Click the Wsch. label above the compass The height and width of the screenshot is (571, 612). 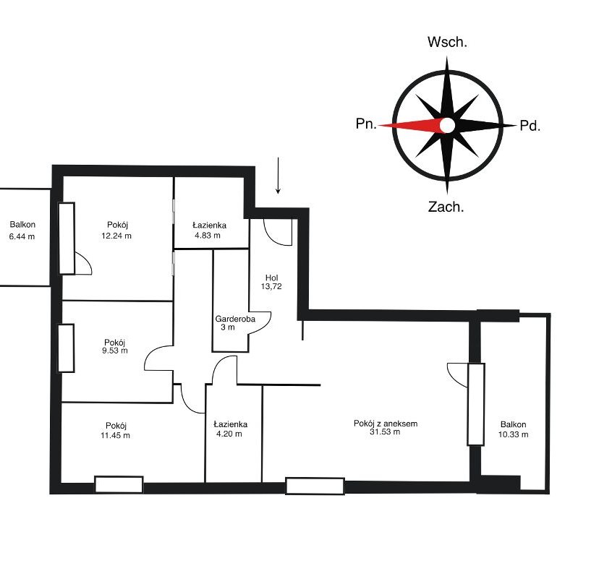pyautogui.click(x=447, y=42)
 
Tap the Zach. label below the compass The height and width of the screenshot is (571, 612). pyautogui.click(x=446, y=207)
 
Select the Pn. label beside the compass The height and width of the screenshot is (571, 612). pyautogui.click(x=366, y=124)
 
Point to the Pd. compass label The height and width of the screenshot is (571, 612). pyautogui.click(x=530, y=126)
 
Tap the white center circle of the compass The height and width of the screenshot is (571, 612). pyautogui.click(x=448, y=125)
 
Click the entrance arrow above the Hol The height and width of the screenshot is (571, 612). pyautogui.click(x=278, y=176)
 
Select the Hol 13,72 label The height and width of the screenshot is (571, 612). pyautogui.click(x=271, y=282)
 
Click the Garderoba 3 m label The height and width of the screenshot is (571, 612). pyautogui.click(x=235, y=323)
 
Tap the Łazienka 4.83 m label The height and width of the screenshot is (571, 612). pyautogui.click(x=209, y=230)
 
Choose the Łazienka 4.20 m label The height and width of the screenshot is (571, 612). pyautogui.click(x=230, y=429)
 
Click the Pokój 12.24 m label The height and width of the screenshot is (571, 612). pyautogui.click(x=116, y=230)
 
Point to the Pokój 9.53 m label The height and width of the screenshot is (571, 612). pyautogui.click(x=115, y=346)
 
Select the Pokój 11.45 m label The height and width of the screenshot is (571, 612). pyautogui.click(x=116, y=430)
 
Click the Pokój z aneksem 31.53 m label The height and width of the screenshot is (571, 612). pyautogui.click(x=386, y=427)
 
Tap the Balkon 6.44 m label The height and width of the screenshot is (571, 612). pyautogui.click(x=22, y=230)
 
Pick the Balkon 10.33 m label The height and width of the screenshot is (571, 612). pyautogui.click(x=513, y=429)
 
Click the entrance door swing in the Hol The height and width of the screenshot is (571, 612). pyautogui.click(x=278, y=233)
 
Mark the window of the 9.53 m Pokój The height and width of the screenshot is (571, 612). pyautogui.click(x=67, y=348)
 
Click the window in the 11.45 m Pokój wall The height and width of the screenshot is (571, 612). pyautogui.click(x=119, y=485)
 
